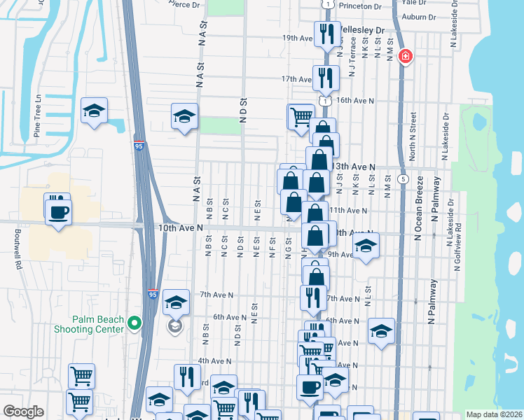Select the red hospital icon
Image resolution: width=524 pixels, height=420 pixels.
click(x=404, y=57)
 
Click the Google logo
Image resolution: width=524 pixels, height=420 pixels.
click(x=23, y=412)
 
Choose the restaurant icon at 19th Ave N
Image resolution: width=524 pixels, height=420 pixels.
click(x=326, y=34)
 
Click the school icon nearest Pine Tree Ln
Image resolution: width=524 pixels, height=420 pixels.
click(x=94, y=111)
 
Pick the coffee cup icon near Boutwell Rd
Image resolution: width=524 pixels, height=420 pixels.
click(x=58, y=211)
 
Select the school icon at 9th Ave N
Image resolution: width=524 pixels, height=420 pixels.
click(x=365, y=246)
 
